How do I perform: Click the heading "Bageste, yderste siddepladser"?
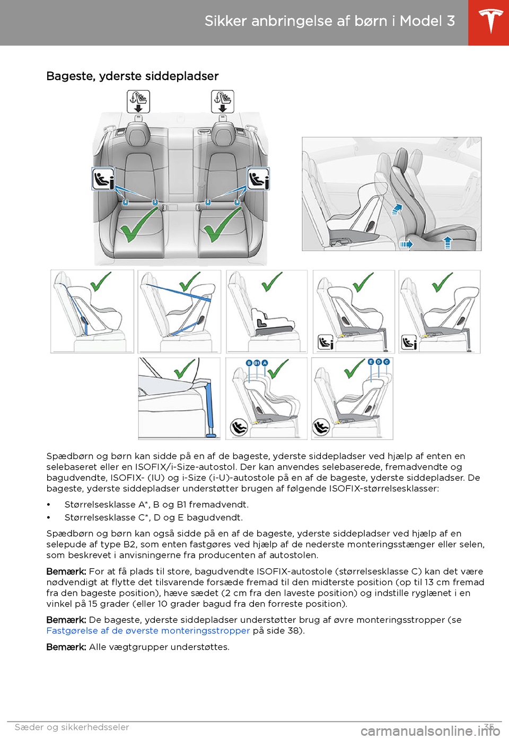[x=133, y=76]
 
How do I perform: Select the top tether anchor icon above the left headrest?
[x=138, y=101]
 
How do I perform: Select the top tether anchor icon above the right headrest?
[x=223, y=101]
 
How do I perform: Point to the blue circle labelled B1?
[x=257, y=363]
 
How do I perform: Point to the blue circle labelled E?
[x=371, y=362]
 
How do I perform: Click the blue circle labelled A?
[x=265, y=363]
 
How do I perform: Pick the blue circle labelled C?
[x=387, y=362]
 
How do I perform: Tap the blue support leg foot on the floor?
[x=212, y=435]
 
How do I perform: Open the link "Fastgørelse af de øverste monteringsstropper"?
[x=148, y=631]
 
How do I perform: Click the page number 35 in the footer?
[x=489, y=727]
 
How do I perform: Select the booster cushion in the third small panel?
[x=273, y=319]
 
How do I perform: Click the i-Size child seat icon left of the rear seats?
[x=103, y=179]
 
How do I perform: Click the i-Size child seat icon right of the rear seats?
[x=258, y=179]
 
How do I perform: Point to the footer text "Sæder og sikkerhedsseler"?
[x=72, y=727]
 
